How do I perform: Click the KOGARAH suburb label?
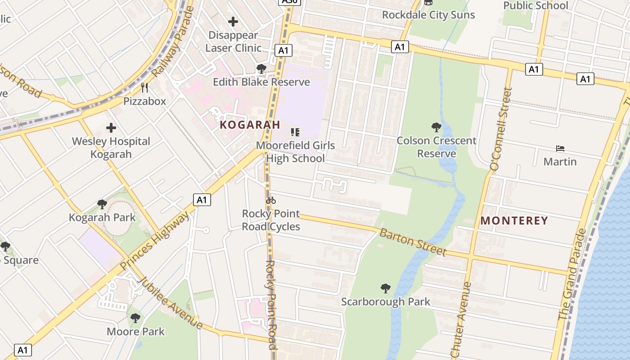(250, 125)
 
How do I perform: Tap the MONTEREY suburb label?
(514, 220)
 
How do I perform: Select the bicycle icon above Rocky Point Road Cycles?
(271, 200)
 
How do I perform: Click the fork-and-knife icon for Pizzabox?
(144, 88)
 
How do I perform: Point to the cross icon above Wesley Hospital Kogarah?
(111, 128)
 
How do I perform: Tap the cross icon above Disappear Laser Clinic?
(233, 21)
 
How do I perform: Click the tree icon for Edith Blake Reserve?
(261, 69)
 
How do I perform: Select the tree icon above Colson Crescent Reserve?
(436, 127)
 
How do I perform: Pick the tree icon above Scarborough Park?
(385, 288)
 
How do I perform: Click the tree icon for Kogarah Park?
(102, 204)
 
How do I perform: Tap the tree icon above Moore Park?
(135, 318)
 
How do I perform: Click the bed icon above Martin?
(560, 148)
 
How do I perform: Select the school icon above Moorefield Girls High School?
(295, 132)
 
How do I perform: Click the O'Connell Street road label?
(501, 129)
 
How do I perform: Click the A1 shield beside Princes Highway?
(202, 199)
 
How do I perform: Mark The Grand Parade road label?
(572, 274)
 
